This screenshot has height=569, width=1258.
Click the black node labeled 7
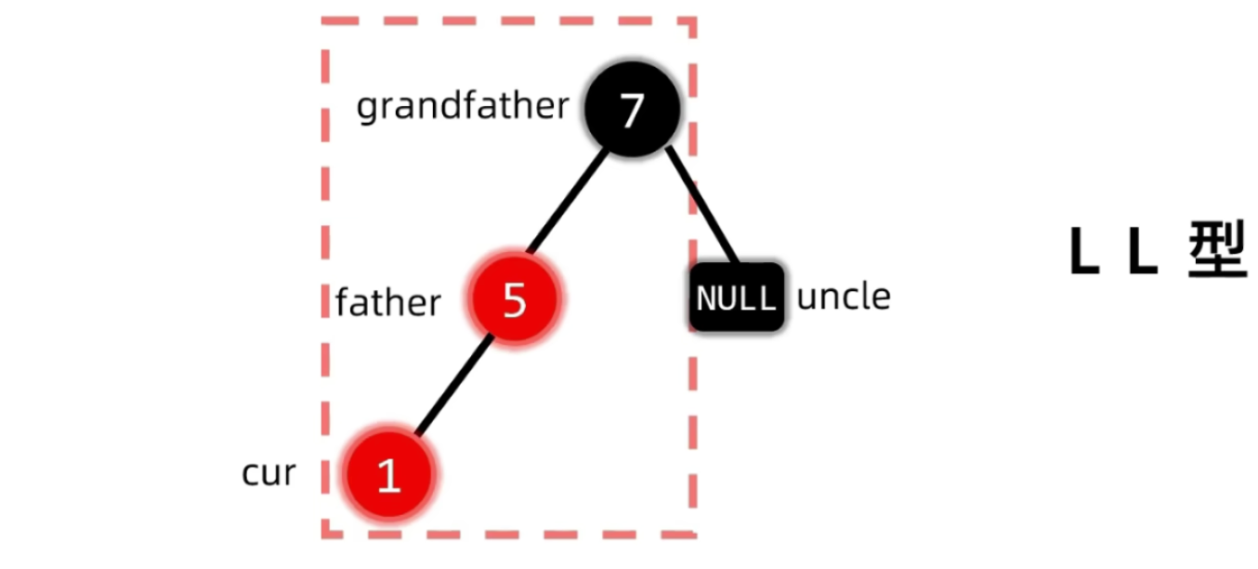tap(633, 110)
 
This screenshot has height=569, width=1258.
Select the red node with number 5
tap(515, 299)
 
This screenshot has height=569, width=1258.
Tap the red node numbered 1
tap(389, 474)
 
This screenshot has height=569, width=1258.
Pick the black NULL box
tap(737, 298)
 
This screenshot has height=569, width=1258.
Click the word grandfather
tap(462, 107)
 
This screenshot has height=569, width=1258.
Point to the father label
tap(387, 303)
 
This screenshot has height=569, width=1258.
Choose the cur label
tap(269, 473)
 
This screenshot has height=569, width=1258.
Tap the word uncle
tap(844, 298)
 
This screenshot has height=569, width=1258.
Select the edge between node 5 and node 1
tap(452, 386)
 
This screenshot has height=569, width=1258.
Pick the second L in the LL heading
tap(1142, 252)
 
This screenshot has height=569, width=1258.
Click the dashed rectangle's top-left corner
tap(324, 20)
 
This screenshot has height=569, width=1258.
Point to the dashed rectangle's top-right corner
tap(694, 20)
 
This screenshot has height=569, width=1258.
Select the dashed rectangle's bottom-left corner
tap(324, 535)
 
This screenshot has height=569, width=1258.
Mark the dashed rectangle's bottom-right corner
tap(694, 535)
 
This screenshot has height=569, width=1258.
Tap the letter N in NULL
tap(706, 299)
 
